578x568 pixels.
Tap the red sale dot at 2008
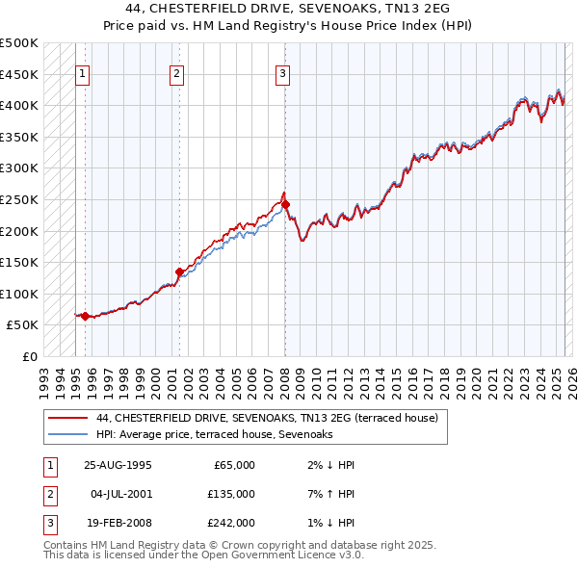(x=285, y=204)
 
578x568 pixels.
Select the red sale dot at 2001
(x=179, y=271)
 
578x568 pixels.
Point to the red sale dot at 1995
(x=85, y=316)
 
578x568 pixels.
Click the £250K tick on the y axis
(x=19, y=199)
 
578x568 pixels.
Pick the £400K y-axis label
(x=19, y=105)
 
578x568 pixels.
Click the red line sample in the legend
(x=67, y=418)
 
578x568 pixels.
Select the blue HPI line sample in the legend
(x=67, y=435)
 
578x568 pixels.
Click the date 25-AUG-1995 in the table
(x=118, y=465)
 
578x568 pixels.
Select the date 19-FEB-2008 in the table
(x=118, y=523)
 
